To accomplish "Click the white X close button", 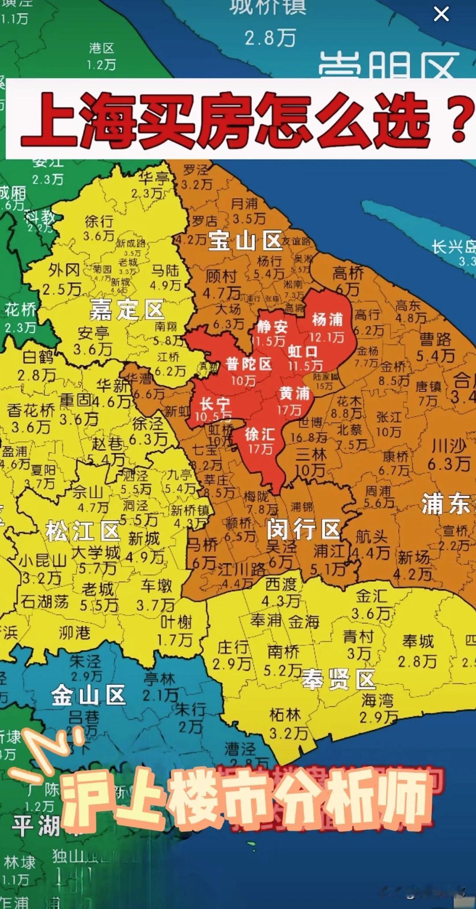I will [441, 14].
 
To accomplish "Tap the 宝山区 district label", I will [245, 241].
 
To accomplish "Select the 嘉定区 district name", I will [127, 310].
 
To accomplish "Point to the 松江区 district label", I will [83, 531].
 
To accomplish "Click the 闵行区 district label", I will [304, 529].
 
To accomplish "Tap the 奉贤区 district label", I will [338, 680].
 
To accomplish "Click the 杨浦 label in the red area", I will [327, 319].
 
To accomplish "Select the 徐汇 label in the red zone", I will [260, 434].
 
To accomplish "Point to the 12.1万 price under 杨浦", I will [327, 337].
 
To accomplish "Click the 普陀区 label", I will [249, 364].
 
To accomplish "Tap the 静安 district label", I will [272, 326].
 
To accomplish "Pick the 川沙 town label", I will [449, 446].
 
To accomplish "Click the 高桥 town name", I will [348, 273].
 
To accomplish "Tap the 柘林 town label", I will [285, 715].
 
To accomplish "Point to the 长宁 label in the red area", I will [215, 404].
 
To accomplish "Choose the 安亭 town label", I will [93, 333].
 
